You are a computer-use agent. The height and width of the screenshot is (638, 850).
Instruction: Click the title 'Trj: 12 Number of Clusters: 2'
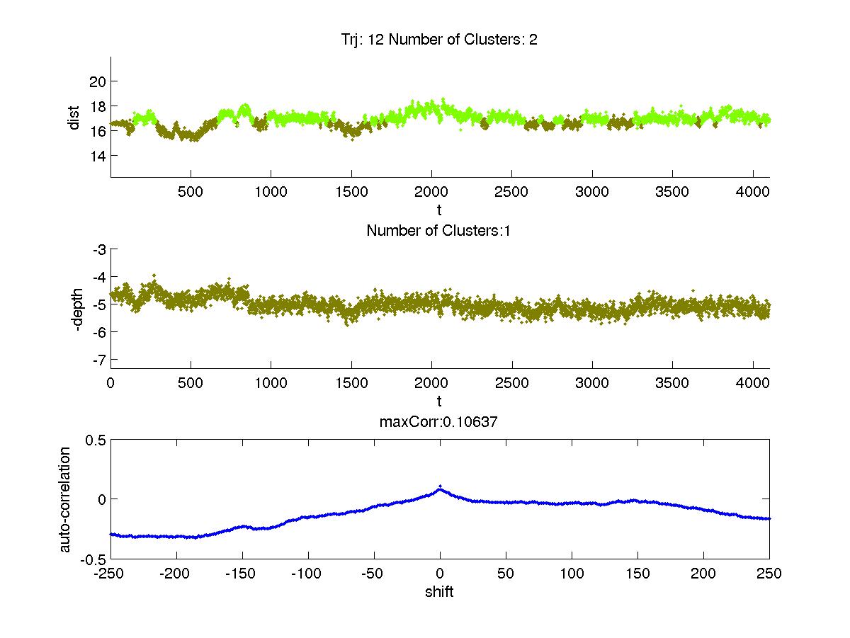click(439, 40)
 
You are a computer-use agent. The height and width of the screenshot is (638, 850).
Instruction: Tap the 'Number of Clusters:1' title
click(439, 230)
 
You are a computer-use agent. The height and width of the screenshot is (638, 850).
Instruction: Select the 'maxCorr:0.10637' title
click(439, 422)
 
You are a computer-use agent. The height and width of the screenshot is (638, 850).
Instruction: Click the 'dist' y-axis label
click(74, 118)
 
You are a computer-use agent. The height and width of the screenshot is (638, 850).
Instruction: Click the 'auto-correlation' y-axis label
click(65, 499)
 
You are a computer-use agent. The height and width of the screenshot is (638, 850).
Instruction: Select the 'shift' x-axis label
click(439, 592)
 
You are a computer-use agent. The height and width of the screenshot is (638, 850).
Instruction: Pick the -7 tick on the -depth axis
click(97, 359)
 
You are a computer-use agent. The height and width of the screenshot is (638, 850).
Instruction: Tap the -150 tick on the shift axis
click(242, 574)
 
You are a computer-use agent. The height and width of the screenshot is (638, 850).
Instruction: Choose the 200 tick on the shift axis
click(703, 574)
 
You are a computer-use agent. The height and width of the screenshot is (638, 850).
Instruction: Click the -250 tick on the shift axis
click(110, 574)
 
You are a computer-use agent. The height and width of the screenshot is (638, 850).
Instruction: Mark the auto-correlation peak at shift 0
click(440, 486)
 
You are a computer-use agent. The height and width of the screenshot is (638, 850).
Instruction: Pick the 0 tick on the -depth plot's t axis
click(110, 384)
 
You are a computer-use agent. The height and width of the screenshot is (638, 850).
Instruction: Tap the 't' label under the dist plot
click(439, 210)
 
